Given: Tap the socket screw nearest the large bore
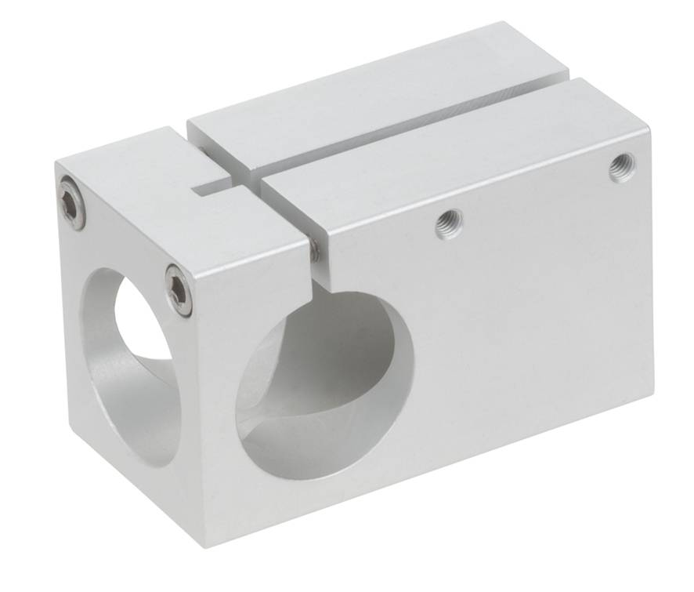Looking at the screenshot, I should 179,289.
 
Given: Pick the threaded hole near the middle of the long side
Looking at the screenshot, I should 448,223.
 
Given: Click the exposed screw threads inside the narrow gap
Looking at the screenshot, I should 313,250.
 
